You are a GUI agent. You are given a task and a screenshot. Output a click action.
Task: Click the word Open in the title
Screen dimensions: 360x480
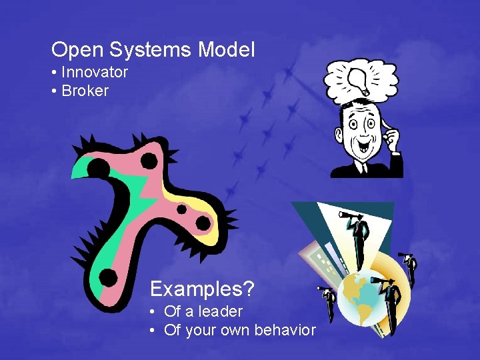[x=73, y=49]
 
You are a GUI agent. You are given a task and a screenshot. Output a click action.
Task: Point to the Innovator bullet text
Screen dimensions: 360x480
[x=94, y=72]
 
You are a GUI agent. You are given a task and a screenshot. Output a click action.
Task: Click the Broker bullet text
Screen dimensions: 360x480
[x=84, y=91]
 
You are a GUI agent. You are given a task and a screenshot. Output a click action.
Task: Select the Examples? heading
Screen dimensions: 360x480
[x=202, y=289]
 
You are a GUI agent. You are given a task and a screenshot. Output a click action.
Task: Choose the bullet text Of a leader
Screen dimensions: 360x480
[x=203, y=311]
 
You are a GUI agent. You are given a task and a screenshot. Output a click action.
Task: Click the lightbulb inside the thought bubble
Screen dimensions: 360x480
[x=358, y=79]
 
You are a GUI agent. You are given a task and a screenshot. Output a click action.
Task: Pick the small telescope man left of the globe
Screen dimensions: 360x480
[x=328, y=303]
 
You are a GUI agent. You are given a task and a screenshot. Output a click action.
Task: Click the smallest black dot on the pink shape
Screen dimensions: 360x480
[x=181, y=209]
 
